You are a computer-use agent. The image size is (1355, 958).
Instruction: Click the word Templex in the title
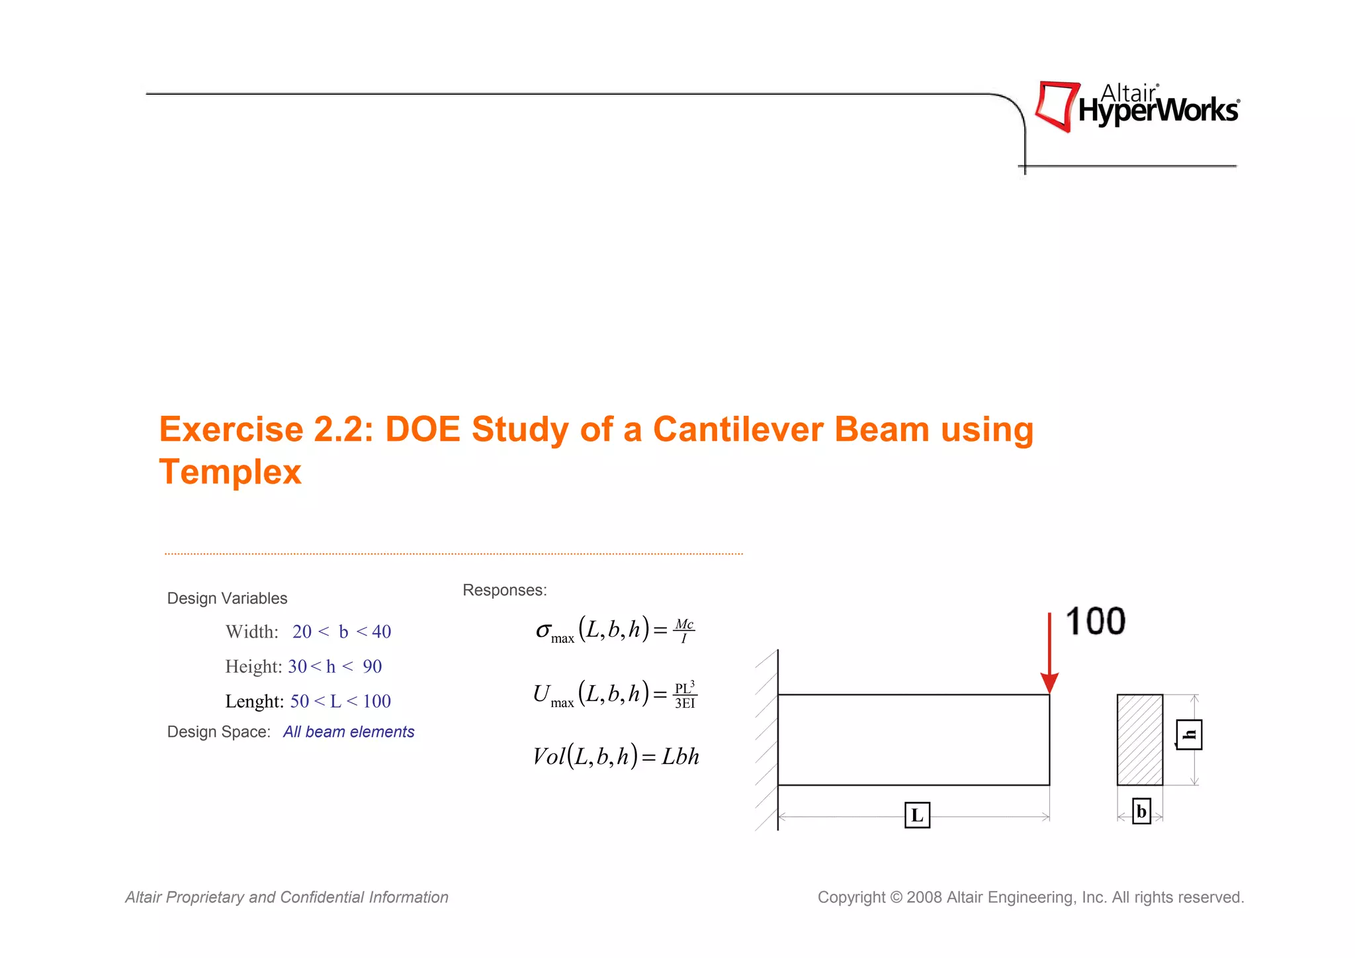[230, 472]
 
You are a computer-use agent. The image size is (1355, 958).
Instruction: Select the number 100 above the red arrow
[1095, 622]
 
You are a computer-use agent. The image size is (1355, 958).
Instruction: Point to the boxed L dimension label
[917, 815]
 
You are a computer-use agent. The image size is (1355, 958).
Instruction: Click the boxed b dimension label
[1141, 812]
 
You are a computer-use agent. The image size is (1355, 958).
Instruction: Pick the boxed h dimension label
[1190, 735]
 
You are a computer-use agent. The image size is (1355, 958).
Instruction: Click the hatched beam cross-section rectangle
[1139, 740]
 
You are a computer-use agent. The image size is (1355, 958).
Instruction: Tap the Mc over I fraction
[684, 631]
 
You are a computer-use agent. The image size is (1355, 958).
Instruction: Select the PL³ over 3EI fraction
[685, 695]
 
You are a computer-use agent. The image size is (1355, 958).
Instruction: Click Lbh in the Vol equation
[680, 756]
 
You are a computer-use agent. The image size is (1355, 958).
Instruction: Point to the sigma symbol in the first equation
[543, 630]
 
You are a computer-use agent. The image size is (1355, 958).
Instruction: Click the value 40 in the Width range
[381, 632]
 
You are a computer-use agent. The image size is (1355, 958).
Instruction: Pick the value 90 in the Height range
[372, 667]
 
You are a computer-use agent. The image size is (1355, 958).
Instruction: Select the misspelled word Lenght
[254, 701]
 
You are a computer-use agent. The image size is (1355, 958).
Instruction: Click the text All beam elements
[349, 732]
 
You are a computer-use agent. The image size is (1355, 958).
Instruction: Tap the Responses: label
[505, 590]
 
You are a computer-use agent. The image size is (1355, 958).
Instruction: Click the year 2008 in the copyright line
[924, 897]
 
